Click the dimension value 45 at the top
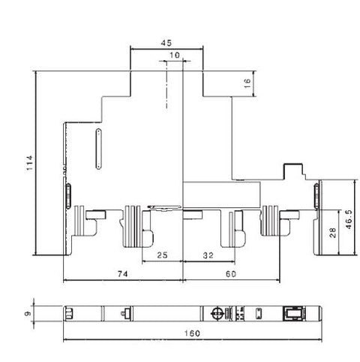pos(166,43)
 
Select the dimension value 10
pos(175,55)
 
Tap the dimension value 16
pos(247,83)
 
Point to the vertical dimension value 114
pos(30,163)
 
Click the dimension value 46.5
pos(349,219)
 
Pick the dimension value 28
pos(332,233)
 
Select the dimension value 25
pos(162,255)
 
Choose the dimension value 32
pos(208,255)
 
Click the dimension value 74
pos(123,274)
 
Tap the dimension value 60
pos(231,274)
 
